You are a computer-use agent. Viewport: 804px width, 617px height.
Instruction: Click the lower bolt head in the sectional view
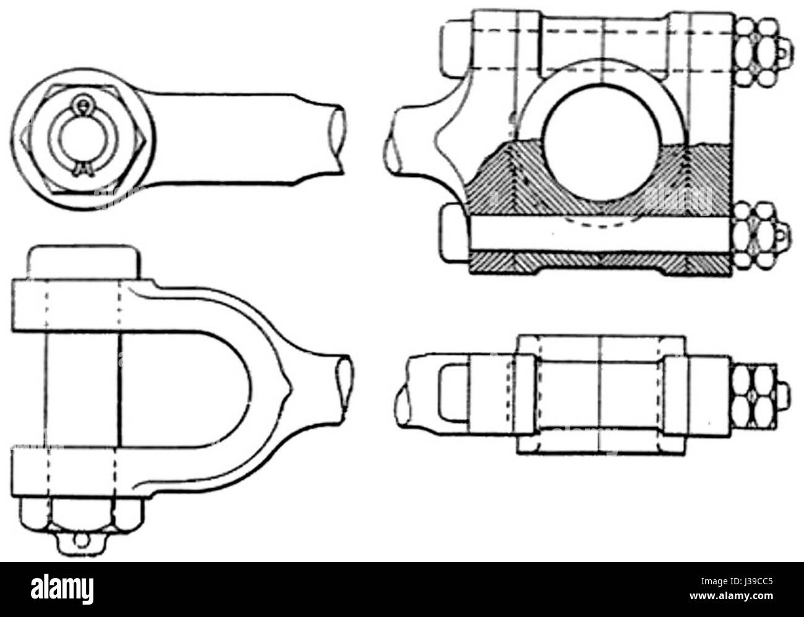455,233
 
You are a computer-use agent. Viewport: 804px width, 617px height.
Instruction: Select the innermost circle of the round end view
82,142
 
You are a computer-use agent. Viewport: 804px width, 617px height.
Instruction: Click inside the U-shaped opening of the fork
186,387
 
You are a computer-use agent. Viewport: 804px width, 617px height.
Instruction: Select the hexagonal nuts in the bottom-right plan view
751,395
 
